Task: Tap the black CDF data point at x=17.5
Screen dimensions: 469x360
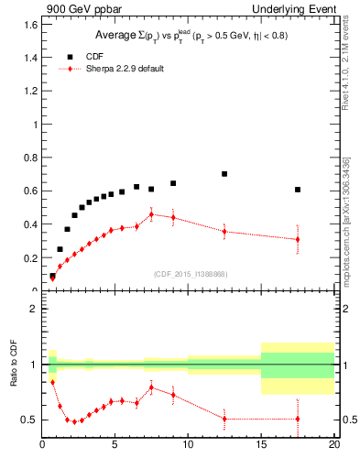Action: click(x=298, y=190)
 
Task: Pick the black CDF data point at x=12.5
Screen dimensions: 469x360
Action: click(x=224, y=174)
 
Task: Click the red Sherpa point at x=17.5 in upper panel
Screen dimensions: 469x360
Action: click(x=298, y=240)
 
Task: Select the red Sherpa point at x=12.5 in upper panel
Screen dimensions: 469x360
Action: click(x=224, y=232)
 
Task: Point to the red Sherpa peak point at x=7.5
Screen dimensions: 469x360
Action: click(x=151, y=214)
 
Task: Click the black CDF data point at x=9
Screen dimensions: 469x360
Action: click(x=173, y=183)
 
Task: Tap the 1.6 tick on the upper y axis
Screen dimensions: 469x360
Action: click(x=30, y=24)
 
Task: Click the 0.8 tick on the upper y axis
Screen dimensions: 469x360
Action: click(x=30, y=158)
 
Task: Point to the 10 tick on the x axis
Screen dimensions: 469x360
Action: click(x=188, y=446)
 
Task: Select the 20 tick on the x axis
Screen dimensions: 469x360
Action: click(x=334, y=446)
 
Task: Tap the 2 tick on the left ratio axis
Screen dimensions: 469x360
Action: click(x=33, y=309)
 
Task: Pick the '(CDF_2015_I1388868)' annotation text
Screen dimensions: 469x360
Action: click(x=190, y=274)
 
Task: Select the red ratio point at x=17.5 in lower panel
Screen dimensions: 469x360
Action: click(x=298, y=419)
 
